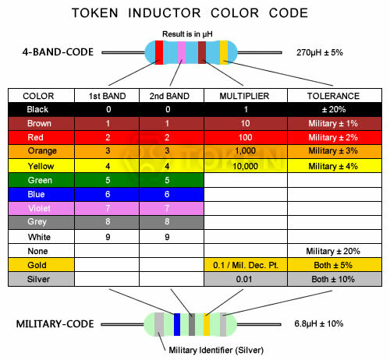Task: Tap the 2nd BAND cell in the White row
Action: (168, 237)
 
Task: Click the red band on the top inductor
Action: (159, 52)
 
